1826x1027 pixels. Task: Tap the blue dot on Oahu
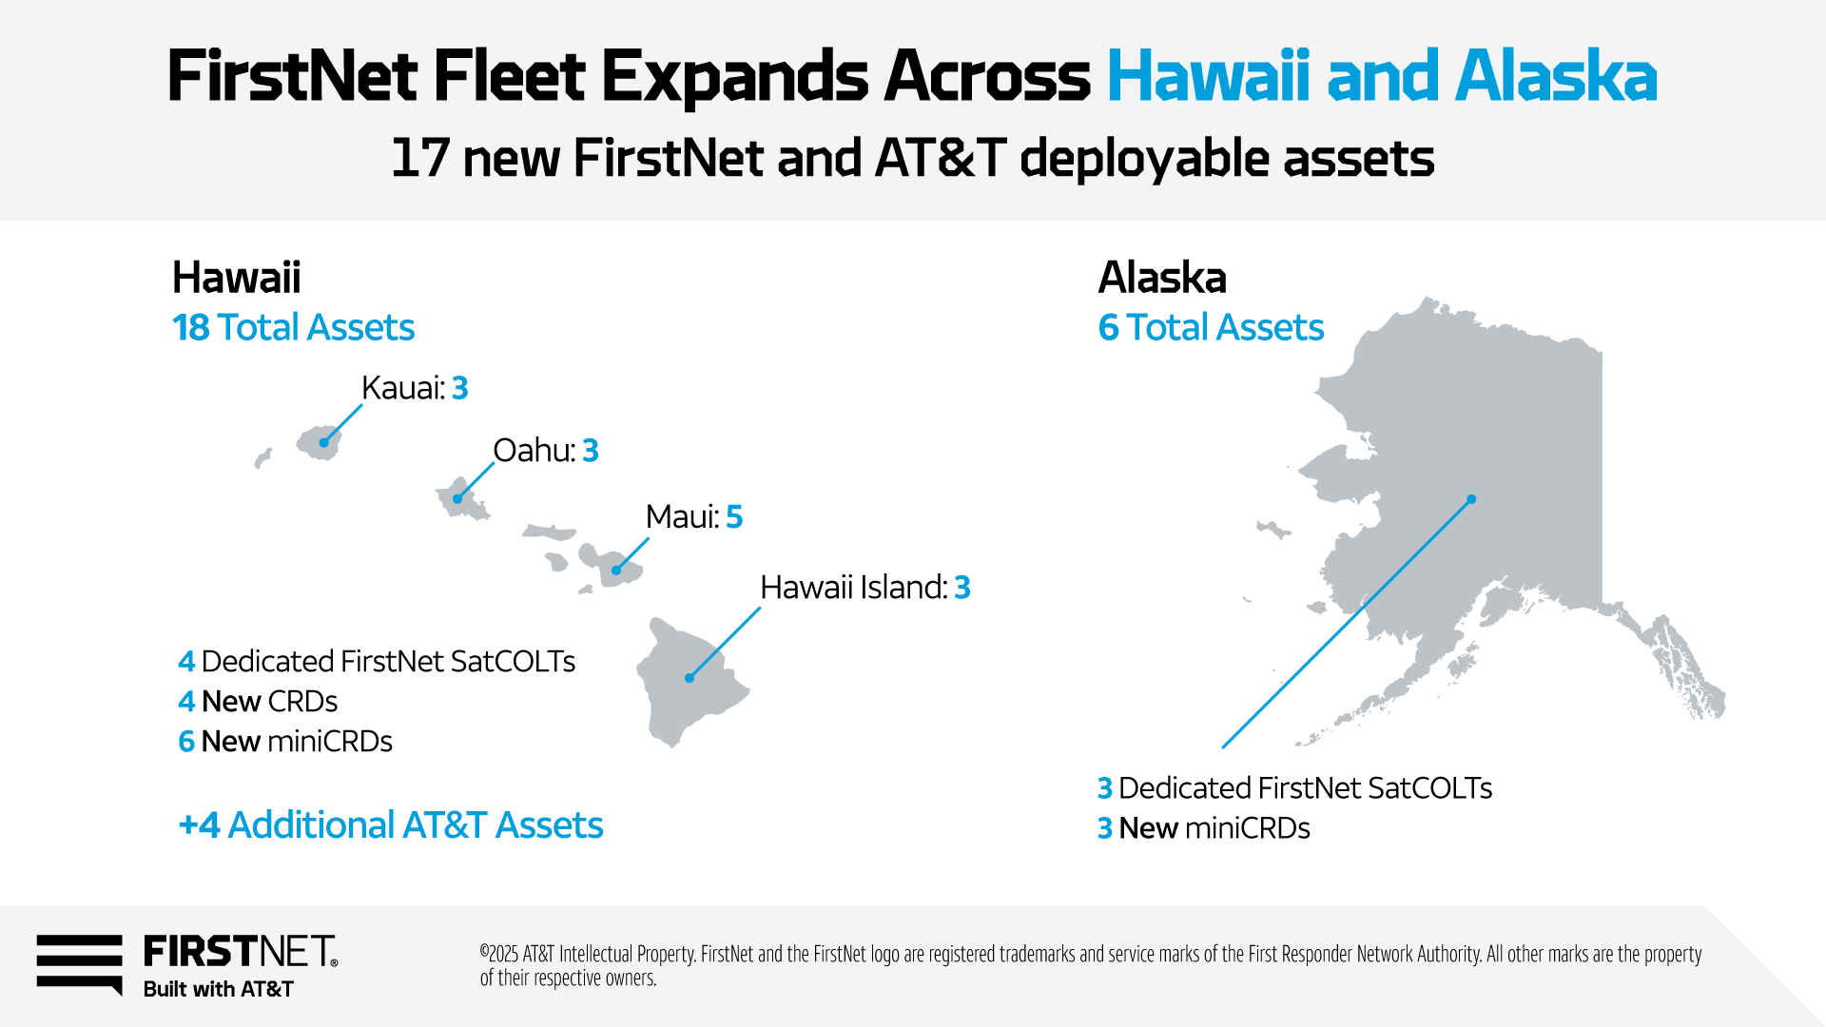pyautogui.click(x=457, y=498)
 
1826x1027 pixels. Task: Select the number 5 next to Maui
pyautogui.click(x=734, y=517)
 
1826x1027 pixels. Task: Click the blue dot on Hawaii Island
pyautogui.click(x=690, y=678)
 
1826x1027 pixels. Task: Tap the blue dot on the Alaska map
pyautogui.click(x=1471, y=499)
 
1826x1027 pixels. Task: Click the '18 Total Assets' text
pyautogui.click(x=293, y=328)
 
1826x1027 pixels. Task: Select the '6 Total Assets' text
pyautogui.click(x=1211, y=328)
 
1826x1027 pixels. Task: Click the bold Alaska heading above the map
pyautogui.click(x=1162, y=278)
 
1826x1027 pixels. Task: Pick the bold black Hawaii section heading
pyautogui.click(x=236, y=278)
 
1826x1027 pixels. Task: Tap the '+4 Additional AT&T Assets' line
pyautogui.click(x=391, y=825)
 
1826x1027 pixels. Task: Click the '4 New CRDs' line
pyautogui.click(x=258, y=702)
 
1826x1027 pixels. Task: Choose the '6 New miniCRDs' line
pyautogui.click(x=285, y=742)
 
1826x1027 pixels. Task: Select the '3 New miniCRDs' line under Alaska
pyautogui.click(x=1204, y=828)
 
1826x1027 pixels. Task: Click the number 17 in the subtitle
pyautogui.click(x=419, y=158)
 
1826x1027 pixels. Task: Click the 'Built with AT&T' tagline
pyautogui.click(x=219, y=990)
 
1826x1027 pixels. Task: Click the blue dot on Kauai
pyautogui.click(x=324, y=442)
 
